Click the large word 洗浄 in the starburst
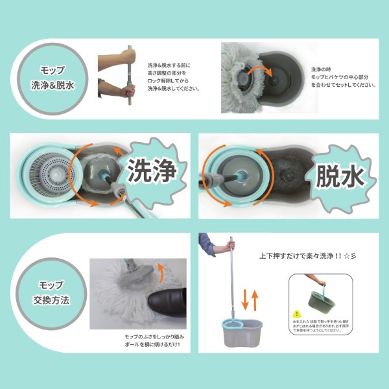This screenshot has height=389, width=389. pyautogui.click(x=152, y=172)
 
